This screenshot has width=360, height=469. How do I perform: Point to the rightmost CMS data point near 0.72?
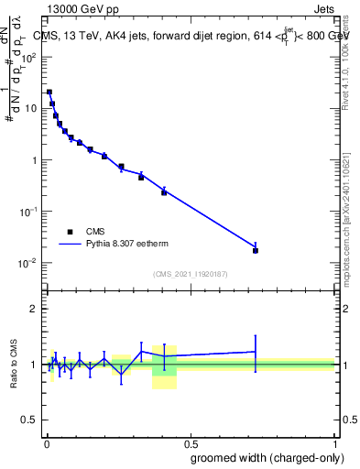tap(256, 250)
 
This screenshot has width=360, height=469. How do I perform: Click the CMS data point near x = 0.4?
tap(164, 192)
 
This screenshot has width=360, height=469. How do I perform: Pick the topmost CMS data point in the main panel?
tap(49, 93)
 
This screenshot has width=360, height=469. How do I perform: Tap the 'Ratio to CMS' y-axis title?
tap(14, 365)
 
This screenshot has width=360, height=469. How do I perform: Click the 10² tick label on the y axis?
tap(30, 56)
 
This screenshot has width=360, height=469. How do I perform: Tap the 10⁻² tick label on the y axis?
tap(30, 263)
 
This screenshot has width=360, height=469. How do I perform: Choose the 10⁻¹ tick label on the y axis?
tap(30, 212)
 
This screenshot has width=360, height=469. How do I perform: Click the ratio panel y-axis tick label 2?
tap(35, 309)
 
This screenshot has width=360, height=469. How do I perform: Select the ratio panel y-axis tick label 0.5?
tap(30, 420)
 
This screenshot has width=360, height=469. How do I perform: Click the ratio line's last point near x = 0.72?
tap(256, 352)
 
